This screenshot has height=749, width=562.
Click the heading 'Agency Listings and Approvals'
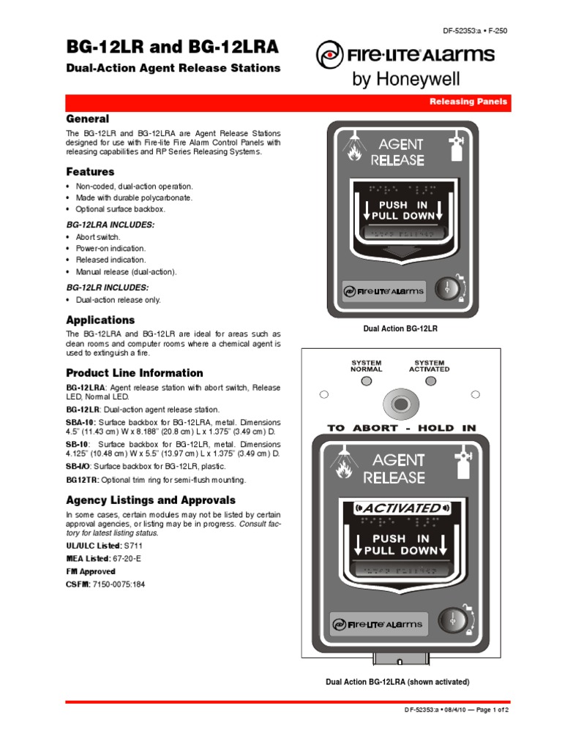click(x=151, y=500)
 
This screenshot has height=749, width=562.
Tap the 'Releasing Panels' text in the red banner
click(x=468, y=102)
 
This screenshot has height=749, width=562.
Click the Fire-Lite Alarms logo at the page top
click(x=405, y=55)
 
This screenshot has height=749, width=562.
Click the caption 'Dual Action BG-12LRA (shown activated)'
click(x=397, y=682)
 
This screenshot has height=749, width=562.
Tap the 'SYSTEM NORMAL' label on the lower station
click(x=366, y=366)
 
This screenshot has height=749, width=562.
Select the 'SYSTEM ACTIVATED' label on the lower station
click(x=429, y=366)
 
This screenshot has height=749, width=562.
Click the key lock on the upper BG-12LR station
click(x=448, y=288)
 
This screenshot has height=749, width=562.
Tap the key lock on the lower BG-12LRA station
click(x=452, y=621)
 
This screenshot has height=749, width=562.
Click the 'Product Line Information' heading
click(x=135, y=372)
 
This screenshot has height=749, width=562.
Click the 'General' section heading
click(x=88, y=118)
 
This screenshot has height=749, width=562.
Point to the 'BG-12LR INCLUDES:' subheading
click(x=107, y=287)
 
